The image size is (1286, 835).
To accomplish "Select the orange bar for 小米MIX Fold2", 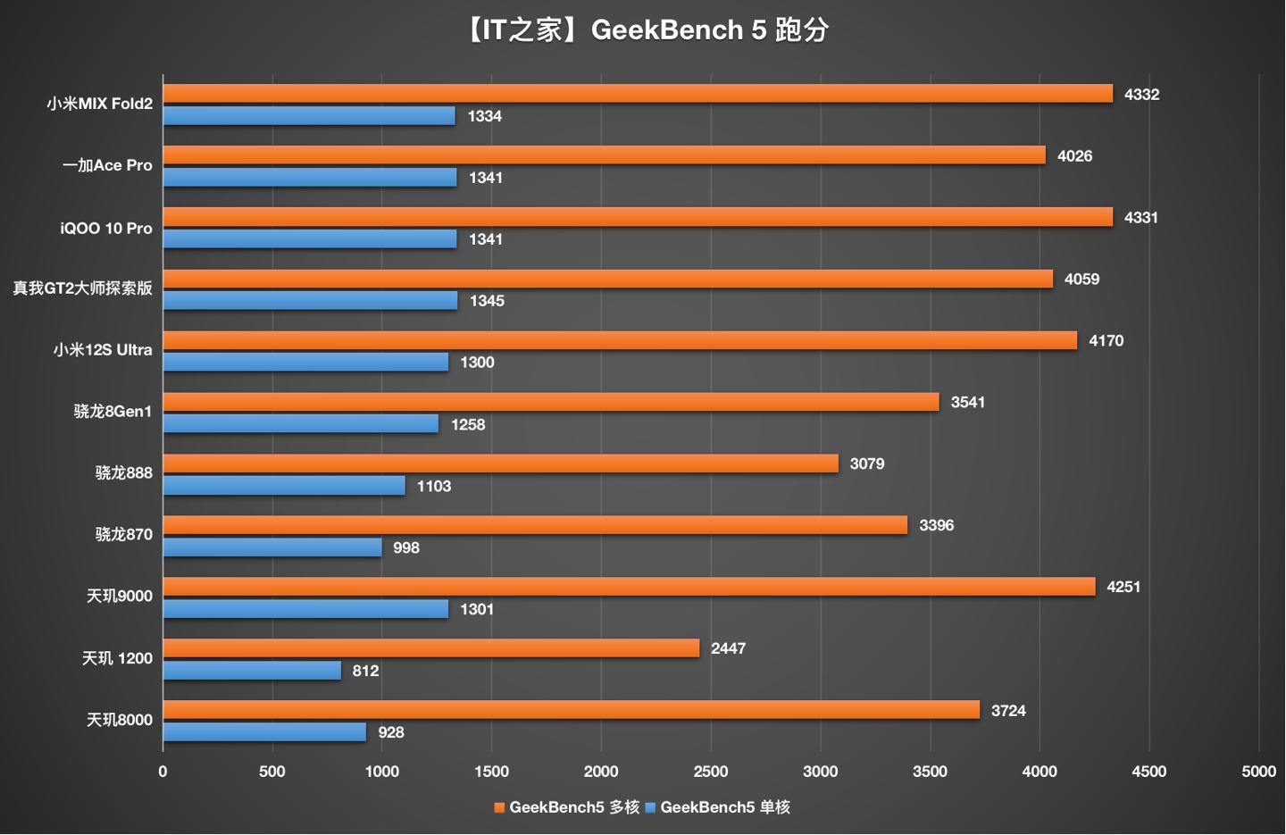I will tap(638, 94).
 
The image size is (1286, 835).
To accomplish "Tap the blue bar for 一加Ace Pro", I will tap(310, 178).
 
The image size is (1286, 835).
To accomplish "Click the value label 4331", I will tap(1140, 218).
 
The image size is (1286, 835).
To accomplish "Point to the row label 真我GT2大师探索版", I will tap(82, 288).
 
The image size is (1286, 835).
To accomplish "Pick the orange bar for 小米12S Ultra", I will tap(620, 340).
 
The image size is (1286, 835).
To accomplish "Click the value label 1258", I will tap(468, 425).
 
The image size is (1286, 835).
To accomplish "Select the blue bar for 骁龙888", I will tap(284, 486).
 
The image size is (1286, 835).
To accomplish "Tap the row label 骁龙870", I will tap(123, 535).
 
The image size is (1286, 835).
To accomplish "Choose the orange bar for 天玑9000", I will tap(629, 587).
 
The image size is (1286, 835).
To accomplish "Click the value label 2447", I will tap(728, 649).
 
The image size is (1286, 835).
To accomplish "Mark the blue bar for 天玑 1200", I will tap(252, 671).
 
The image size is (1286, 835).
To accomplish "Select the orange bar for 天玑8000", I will tap(572, 710).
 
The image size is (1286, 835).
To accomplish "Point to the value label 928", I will tap(391, 733).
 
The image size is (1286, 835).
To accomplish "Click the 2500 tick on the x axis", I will tap(711, 772).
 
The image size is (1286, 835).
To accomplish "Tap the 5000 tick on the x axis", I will tap(1258, 772).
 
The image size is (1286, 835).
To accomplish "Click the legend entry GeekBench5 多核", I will tap(567, 807).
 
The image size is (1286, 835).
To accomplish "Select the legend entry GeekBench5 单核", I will tap(718, 807).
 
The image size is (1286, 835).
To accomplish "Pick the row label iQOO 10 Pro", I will tap(106, 229).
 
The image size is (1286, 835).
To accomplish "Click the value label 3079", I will tap(867, 464).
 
